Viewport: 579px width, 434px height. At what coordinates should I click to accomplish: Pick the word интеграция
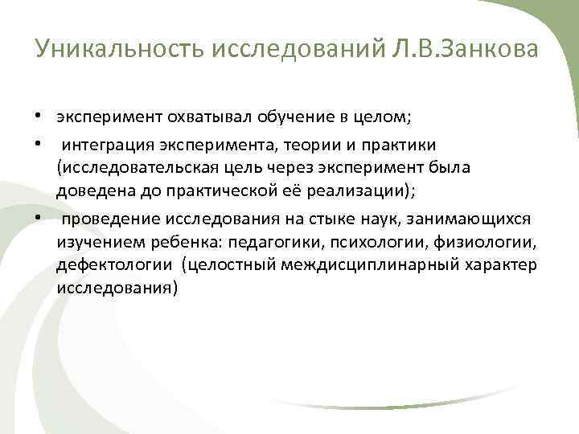[102, 145]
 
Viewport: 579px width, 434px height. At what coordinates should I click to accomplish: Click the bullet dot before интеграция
[39, 144]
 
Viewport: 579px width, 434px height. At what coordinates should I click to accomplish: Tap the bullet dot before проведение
[39, 218]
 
